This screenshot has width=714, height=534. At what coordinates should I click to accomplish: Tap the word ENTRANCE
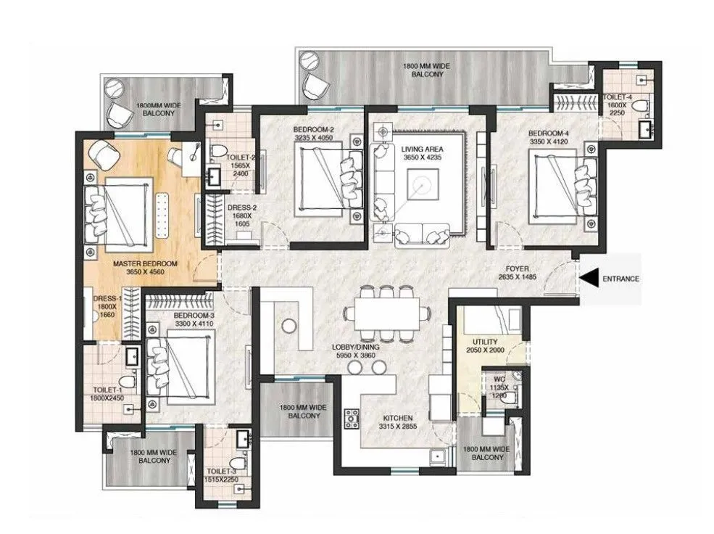(x=620, y=279)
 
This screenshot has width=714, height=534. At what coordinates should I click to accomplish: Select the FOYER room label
(x=518, y=269)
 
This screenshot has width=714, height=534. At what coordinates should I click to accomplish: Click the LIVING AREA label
(x=422, y=149)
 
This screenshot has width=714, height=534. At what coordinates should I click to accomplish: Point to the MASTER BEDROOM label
(x=145, y=264)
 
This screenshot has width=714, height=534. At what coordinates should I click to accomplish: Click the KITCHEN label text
(x=398, y=418)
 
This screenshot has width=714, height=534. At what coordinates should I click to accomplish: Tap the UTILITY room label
(x=485, y=342)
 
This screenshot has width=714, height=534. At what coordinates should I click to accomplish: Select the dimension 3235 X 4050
(x=314, y=138)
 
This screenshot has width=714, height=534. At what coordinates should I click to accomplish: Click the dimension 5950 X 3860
(x=356, y=356)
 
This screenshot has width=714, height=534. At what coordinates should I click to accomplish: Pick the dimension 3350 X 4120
(x=549, y=141)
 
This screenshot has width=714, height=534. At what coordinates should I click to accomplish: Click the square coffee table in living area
(x=423, y=184)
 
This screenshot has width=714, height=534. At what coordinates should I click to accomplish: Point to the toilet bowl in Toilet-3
(x=236, y=464)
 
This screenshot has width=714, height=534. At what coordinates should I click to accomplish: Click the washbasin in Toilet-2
(x=214, y=177)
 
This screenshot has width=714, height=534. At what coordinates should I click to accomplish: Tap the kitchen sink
(x=438, y=456)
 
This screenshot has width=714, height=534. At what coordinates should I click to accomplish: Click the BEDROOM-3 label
(x=194, y=316)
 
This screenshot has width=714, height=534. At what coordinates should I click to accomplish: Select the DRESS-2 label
(x=242, y=208)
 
